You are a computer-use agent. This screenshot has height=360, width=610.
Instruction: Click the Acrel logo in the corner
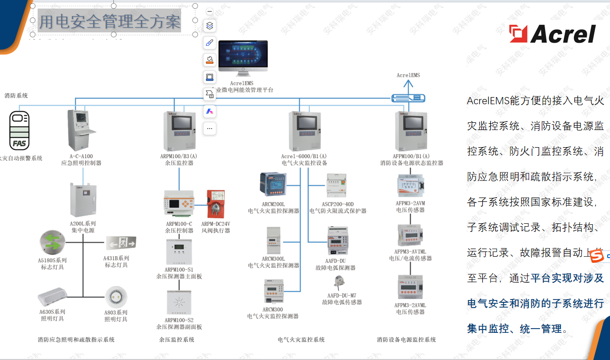click(552, 34)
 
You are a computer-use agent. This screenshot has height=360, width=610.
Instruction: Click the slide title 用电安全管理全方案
click(110, 21)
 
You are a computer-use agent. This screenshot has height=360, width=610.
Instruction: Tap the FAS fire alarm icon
click(20, 131)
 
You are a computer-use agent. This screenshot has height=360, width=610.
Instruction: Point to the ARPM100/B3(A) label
click(179, 156)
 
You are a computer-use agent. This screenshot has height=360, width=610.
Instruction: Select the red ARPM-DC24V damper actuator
click(216, 204)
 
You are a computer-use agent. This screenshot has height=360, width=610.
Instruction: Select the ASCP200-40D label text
click(338, 204)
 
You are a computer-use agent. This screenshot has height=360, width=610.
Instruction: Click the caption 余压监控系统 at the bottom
click(176, 340)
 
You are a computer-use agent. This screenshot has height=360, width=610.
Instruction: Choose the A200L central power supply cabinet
click(83, 200)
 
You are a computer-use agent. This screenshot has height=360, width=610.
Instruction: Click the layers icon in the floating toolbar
click(210, 26)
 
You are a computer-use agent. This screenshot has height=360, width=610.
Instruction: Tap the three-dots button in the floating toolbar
click(210, 129)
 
